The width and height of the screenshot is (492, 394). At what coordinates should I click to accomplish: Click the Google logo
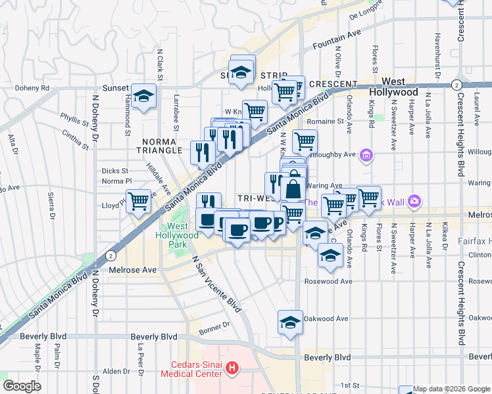click(x=22, y=386)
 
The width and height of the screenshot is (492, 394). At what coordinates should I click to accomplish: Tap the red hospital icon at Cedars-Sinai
click(x=231, y=368)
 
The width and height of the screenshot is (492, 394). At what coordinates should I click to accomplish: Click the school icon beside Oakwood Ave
click(x=290, y=322)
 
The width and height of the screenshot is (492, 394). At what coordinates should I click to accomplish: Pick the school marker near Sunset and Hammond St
click(x=143, y=96)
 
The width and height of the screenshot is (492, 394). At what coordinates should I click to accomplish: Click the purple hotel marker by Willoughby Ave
click(x=367, y=156)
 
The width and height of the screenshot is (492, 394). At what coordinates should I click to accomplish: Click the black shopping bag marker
click(x=293, y=189)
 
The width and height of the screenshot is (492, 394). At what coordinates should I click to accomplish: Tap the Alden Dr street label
click(x=117, y=371)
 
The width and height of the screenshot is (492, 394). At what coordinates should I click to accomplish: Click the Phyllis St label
click(x=74, y=122)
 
